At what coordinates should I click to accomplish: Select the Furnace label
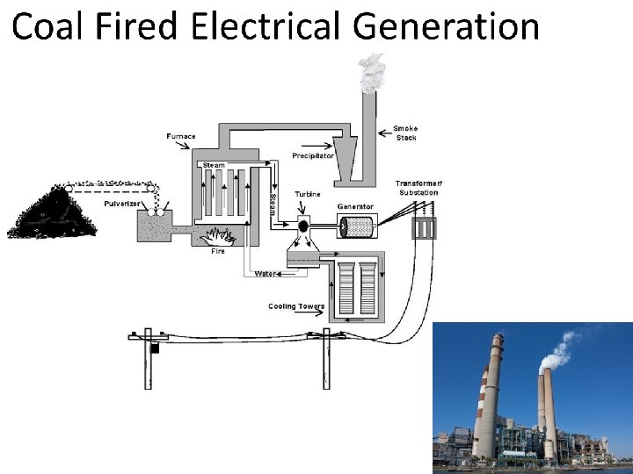[x=181, y=136]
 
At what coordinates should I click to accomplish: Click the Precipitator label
[x=313, y=155]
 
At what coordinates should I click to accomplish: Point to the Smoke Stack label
[x=406, y=133]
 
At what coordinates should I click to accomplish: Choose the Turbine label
[x=308, y=194]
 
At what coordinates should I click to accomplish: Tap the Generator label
[x=355, y=207]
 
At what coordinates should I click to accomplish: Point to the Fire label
[x=217, y=251]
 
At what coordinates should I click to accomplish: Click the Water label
[x=265, y=273]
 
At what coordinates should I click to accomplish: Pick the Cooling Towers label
[x=296, y=306]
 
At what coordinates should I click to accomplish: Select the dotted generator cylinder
[x=356, y=226]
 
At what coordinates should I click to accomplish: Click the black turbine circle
[x=303, y=226]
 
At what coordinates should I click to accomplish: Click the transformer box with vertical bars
[x=425, y=228]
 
